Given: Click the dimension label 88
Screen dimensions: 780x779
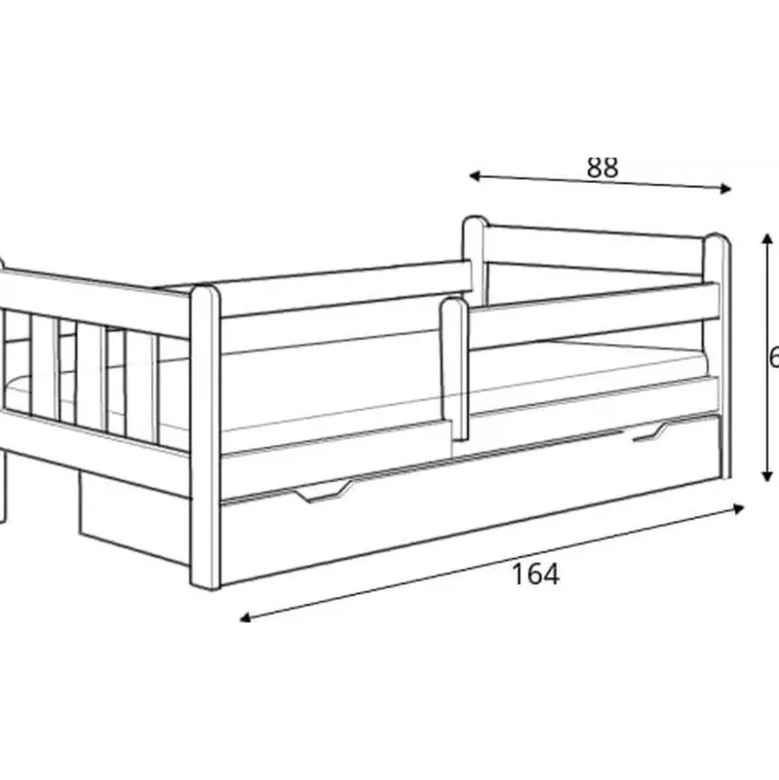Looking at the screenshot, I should (x=602, y=167).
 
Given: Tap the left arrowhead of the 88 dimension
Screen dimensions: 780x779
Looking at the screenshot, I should (x=474, y=175).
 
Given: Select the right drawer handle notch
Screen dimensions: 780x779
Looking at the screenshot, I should (x=651, y=433).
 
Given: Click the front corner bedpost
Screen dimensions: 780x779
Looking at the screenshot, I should (x=205, y=438).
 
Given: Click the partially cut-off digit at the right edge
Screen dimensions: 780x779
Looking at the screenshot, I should (x=774, y=356).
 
